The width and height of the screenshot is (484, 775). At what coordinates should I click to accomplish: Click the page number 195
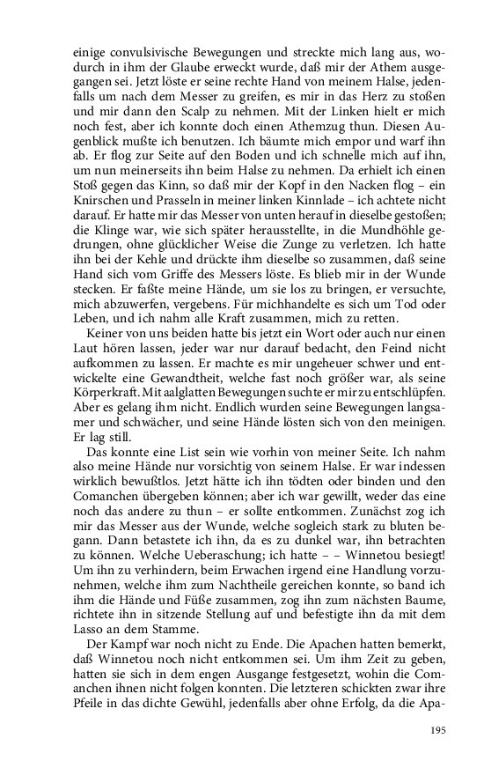438,730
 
